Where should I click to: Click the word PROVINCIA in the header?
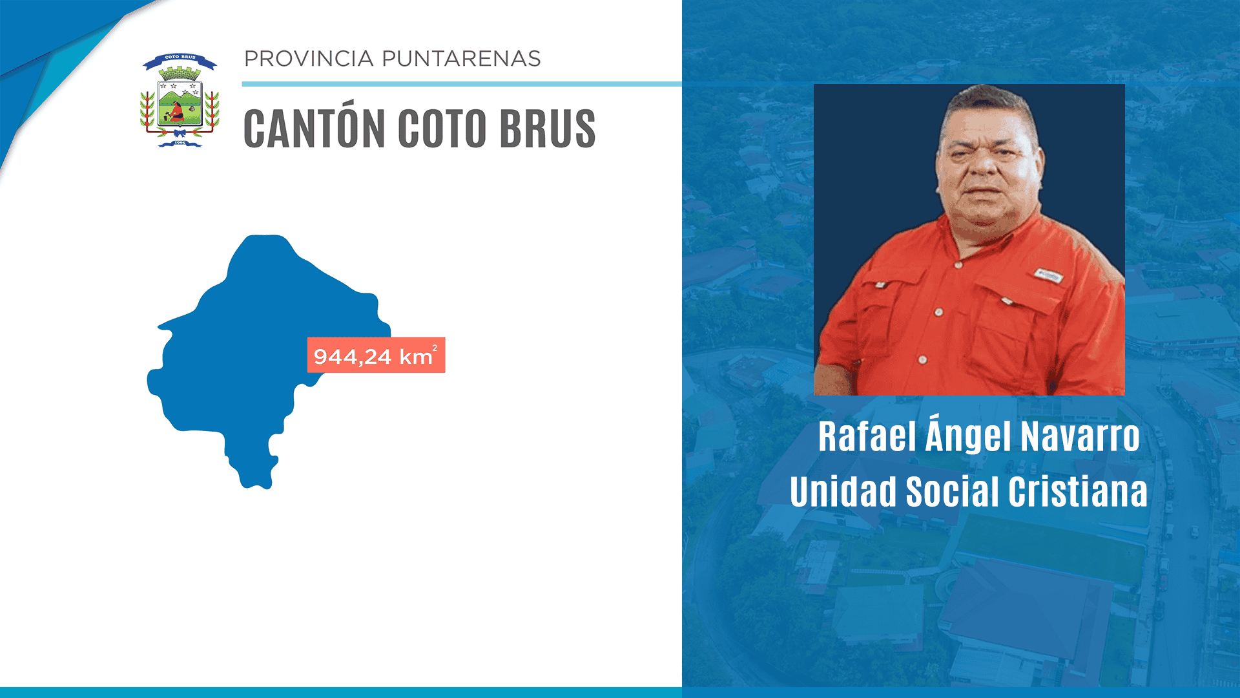tap(309, 59)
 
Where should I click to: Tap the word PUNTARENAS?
tap(461, 59)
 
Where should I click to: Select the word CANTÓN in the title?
tap(314, 129)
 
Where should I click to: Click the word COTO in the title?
tap(442, 129)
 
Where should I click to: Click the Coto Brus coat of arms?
tap(180, 101)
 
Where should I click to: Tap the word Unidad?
tap(843, 492)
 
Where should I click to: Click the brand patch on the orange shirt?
tap(1047, 275)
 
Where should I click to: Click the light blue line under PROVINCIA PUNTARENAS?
tap(461, 84)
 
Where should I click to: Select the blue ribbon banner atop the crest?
tap(180, 59)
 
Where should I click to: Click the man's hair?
tap(985, 103)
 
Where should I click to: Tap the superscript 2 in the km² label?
tap(435, 348)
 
